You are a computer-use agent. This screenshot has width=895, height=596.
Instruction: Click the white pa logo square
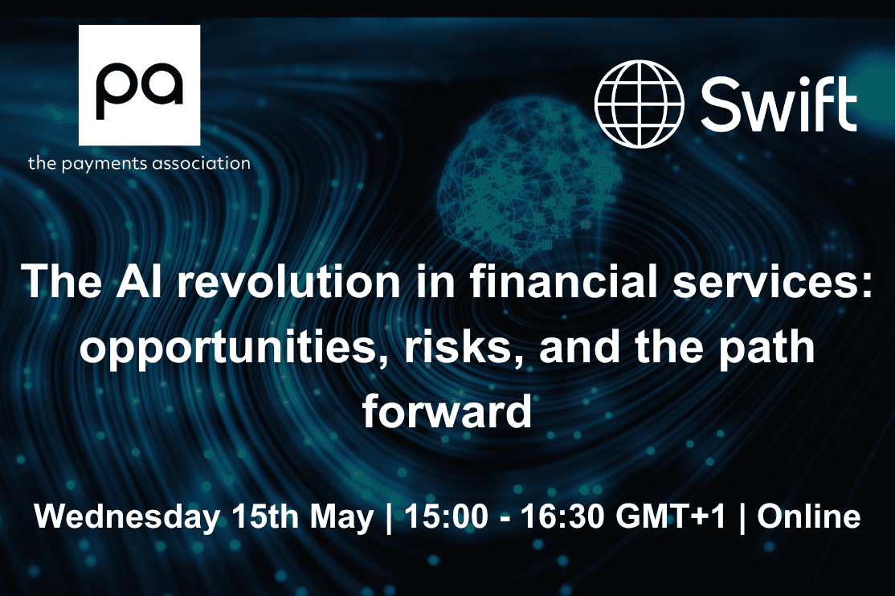[139, 85]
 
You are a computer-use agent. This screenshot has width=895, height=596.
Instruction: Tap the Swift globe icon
[639, 104]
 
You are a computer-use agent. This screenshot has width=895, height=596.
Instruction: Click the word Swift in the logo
[779, 104]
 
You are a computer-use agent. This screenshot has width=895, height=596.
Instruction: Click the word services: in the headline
[773, 282]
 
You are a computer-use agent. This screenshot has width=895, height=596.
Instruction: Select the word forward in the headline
[447, 410]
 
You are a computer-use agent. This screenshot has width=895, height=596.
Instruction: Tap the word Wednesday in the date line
[127, 516]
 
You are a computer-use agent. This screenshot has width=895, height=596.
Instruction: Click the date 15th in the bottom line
[265, 516]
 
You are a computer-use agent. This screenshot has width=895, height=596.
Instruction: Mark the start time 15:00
[447, 516]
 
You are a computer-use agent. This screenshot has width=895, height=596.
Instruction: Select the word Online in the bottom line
[809, 516]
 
